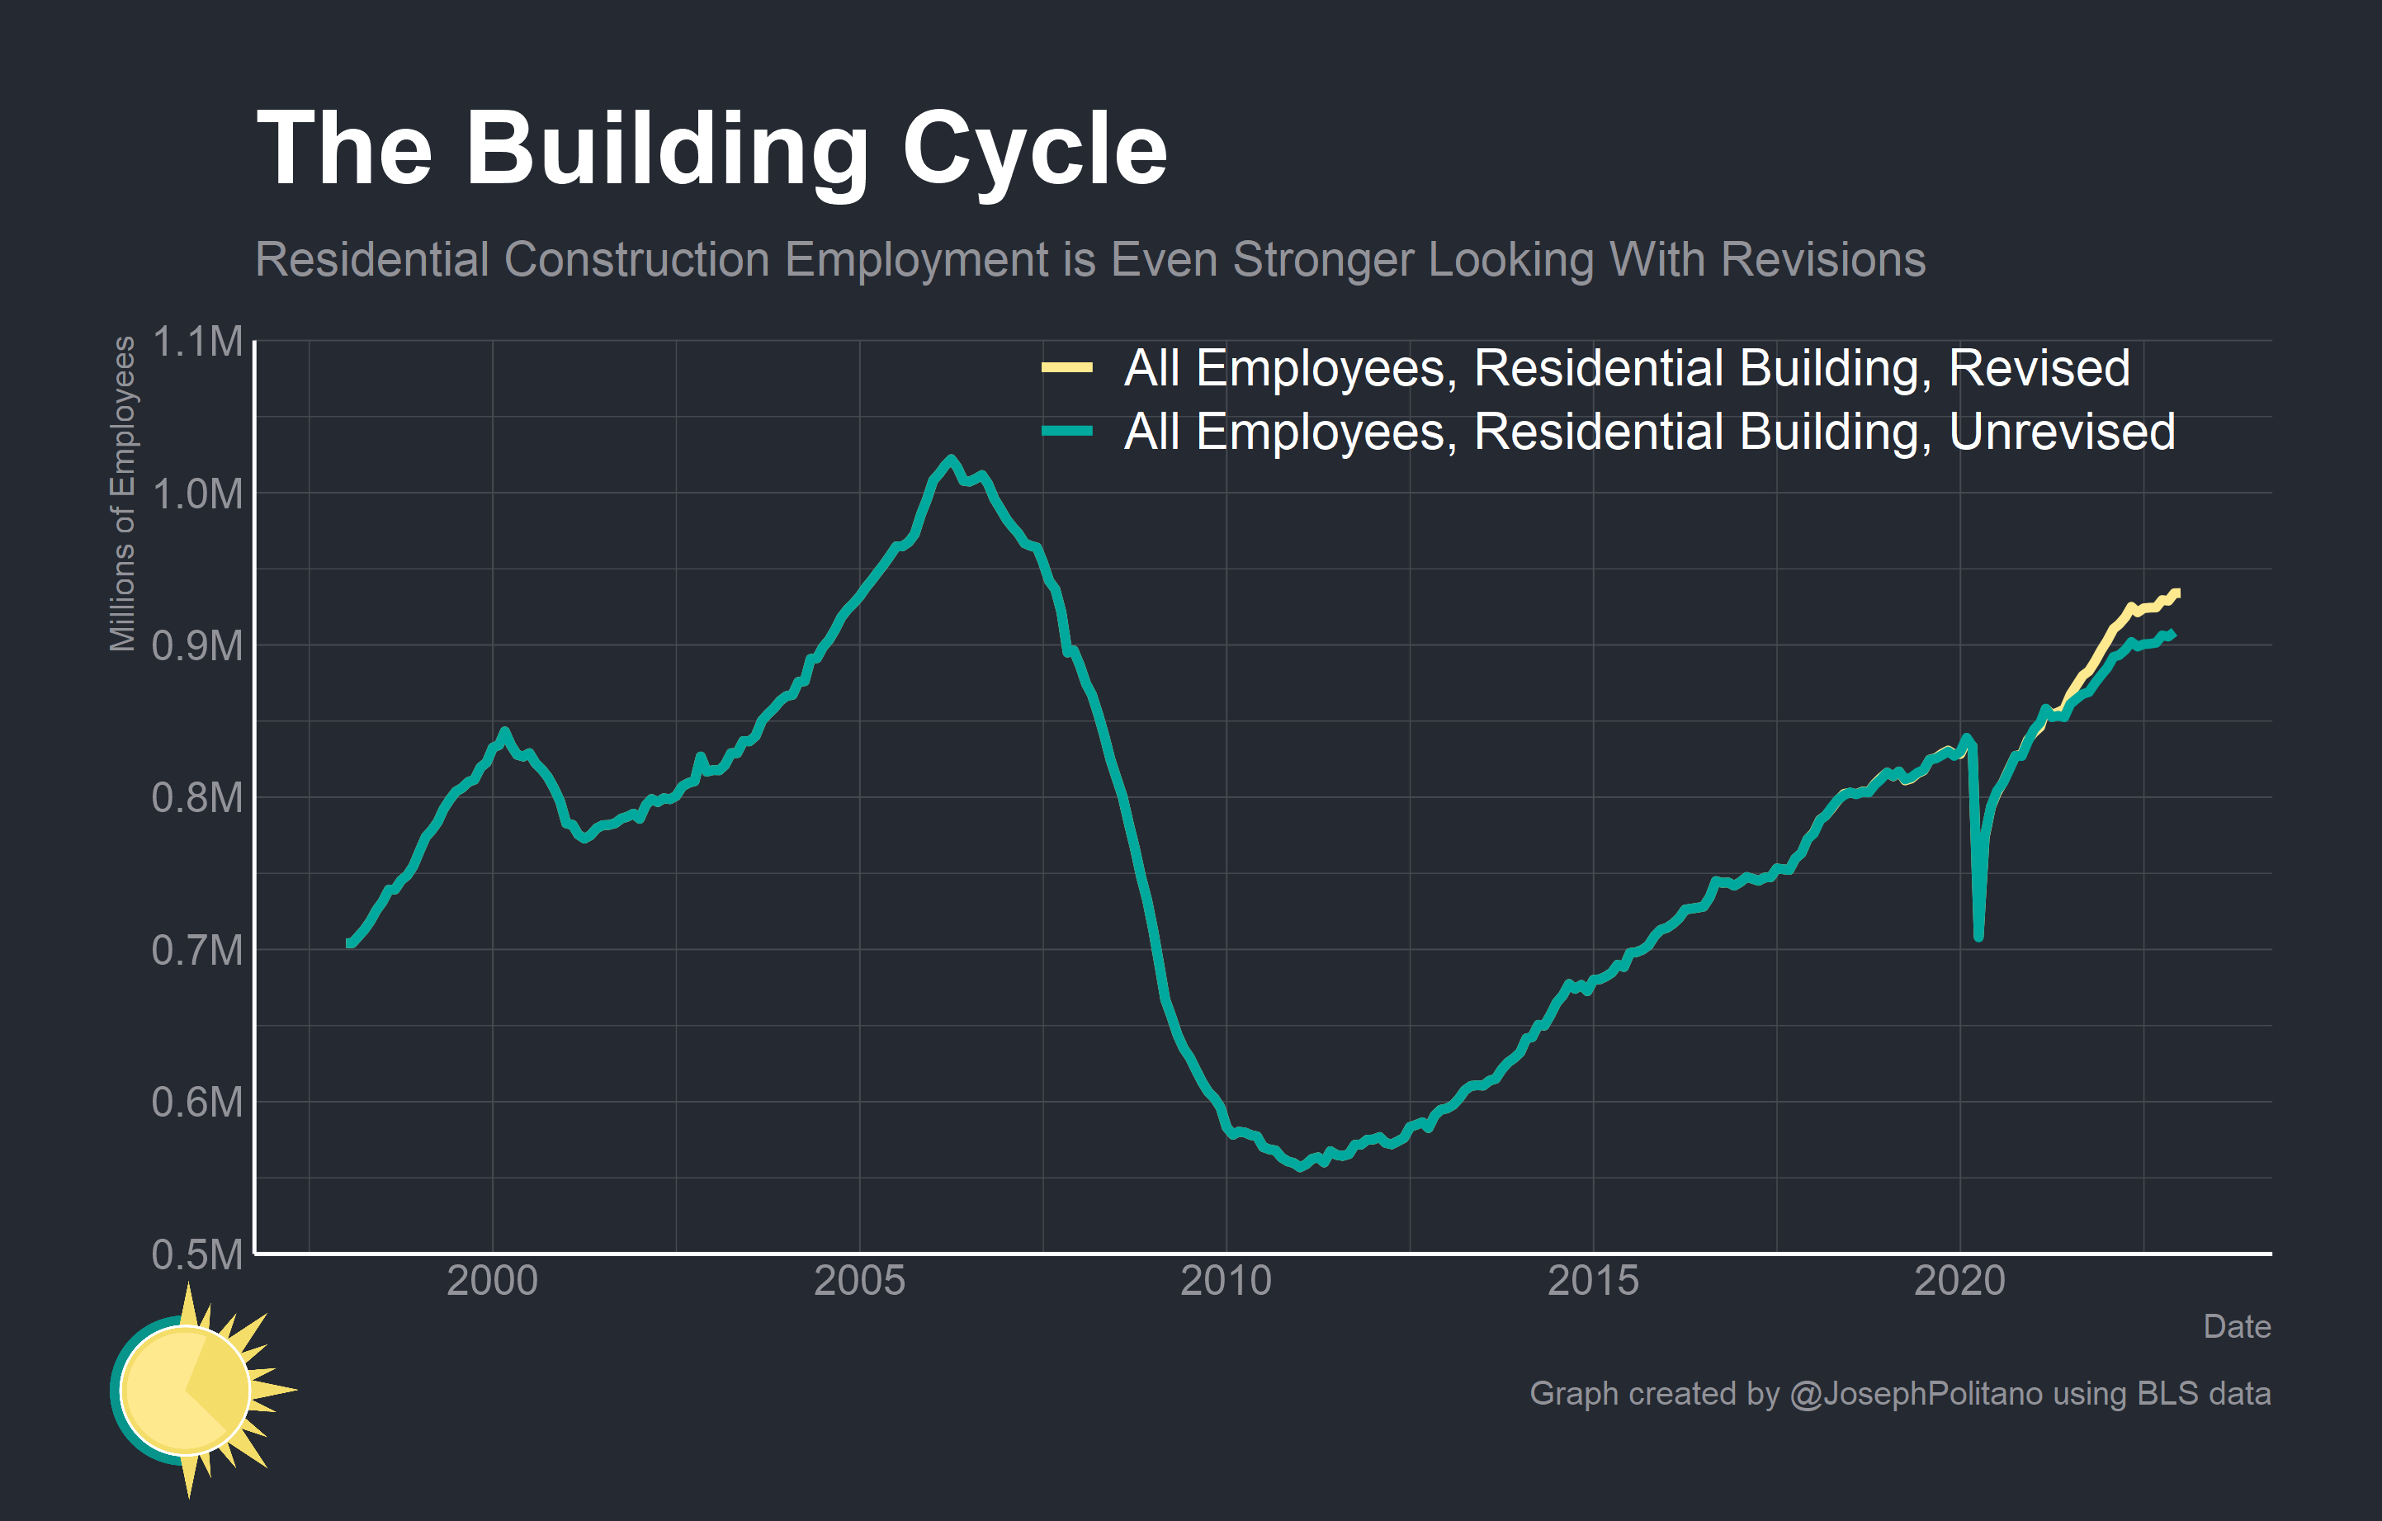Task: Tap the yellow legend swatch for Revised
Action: [x=1066, y=368]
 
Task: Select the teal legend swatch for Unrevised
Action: [x=1066, y=431]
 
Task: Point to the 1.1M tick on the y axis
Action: [x=197, y=342]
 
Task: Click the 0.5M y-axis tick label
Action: [x=197, y=1254]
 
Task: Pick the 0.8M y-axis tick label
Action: [x=197, y=797]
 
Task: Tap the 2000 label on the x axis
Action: [x=492, y=1282]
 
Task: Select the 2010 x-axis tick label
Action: [x=1226, y=1282]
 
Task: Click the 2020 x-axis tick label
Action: [x=1959, y=1282]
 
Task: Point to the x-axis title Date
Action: [x=2236, y=1326]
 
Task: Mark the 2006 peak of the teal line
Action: [x=951, y=459]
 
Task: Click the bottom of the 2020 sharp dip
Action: [x=1978, y=937]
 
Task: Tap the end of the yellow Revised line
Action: [x=2176, y=593]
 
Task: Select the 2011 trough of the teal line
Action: [x=1300, y=1168]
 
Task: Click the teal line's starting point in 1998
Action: [x=349, y=943]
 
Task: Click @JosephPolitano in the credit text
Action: [x=1915, y=1393]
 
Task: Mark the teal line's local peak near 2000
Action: [x=504, y=732]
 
